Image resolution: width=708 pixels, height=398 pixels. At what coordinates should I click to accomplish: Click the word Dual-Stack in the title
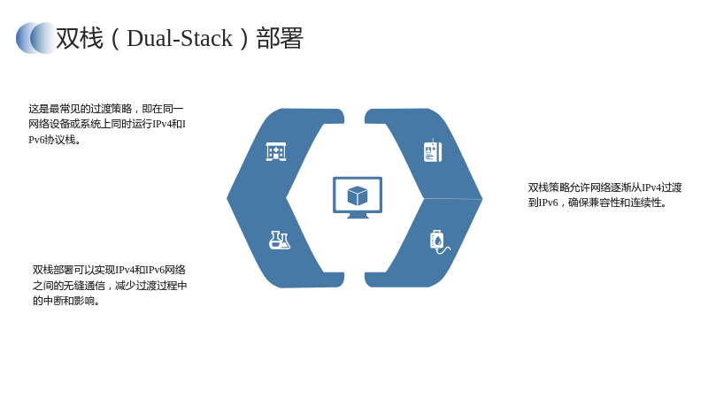pos(180,38)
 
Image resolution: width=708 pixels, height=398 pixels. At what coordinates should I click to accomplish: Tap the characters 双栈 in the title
pos(80,38)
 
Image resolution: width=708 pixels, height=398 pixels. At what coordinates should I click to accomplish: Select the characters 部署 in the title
pos(280,38)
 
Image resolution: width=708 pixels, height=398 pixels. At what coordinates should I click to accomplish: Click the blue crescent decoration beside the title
pos(36,38)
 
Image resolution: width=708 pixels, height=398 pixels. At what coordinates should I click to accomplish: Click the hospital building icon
pos(276,151)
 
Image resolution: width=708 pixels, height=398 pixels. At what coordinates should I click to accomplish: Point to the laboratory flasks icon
pos(280,240)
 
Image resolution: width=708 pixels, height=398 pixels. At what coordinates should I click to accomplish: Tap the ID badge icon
pos(433,151)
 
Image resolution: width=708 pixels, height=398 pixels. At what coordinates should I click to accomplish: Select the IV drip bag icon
pos(439,242)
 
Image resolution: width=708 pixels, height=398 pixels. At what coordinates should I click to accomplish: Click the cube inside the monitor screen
pos(358,195)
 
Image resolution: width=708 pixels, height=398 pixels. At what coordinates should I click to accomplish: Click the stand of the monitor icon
pos(358,216)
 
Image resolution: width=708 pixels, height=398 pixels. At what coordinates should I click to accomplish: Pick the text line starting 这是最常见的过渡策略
pos(106,109)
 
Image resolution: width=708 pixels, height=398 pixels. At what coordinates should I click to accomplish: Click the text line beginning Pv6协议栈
pos(55,140)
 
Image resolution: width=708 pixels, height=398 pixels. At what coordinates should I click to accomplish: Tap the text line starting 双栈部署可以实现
pos(109,270)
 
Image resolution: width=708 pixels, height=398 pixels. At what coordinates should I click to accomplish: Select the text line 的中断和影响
pos(65,301)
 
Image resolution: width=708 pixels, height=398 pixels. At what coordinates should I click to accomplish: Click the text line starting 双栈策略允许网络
pos(604,188)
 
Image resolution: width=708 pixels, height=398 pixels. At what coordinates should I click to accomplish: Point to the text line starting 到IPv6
pos(597,203)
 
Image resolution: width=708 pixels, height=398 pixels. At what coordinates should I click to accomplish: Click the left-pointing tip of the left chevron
pos(227,197)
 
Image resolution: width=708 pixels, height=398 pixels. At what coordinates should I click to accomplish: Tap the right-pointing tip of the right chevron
pos(482,198)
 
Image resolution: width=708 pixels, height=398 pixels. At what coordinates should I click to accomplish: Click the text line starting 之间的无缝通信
pos(110,285)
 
